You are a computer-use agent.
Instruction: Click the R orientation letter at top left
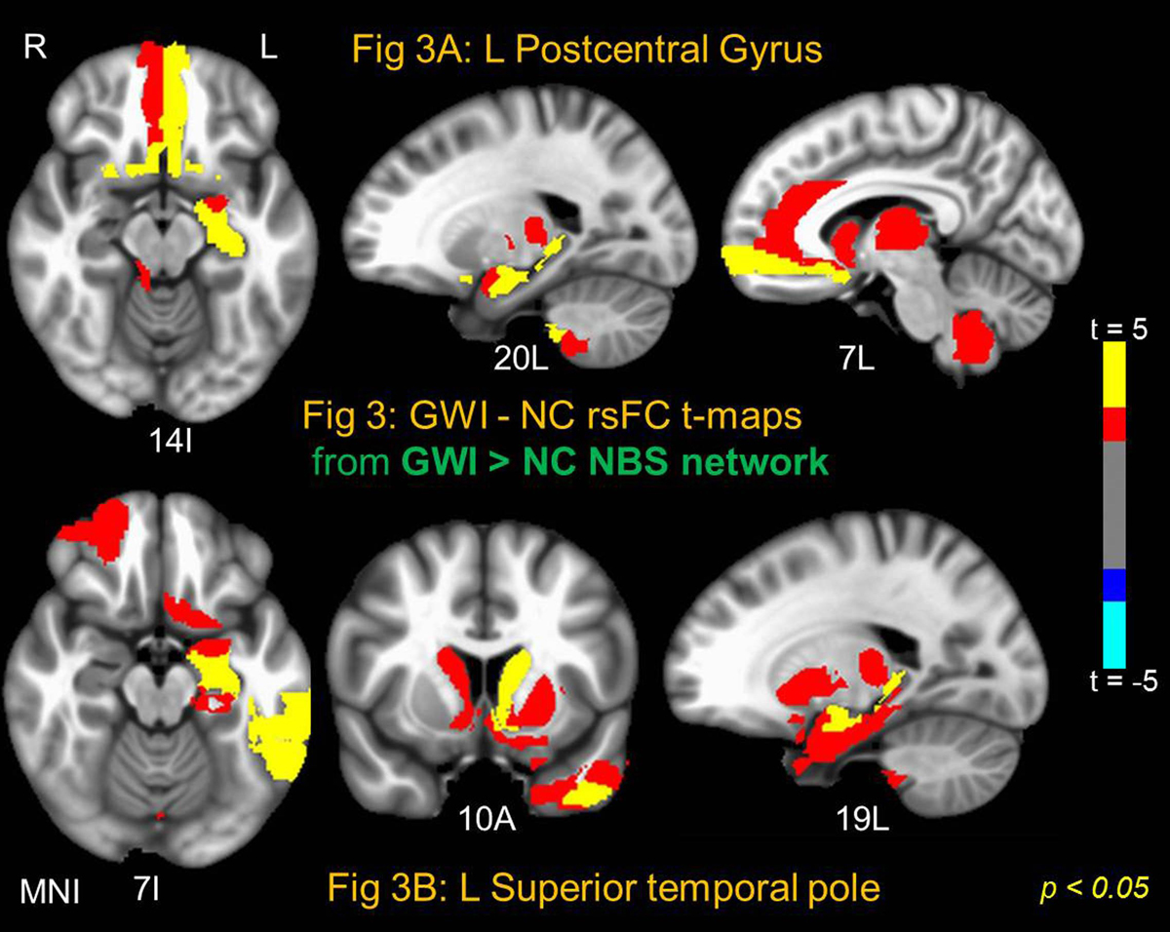pyautogui.click(x=36, y=50)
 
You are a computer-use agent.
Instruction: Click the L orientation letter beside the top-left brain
pyautogui.click(x=269, y=50)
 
